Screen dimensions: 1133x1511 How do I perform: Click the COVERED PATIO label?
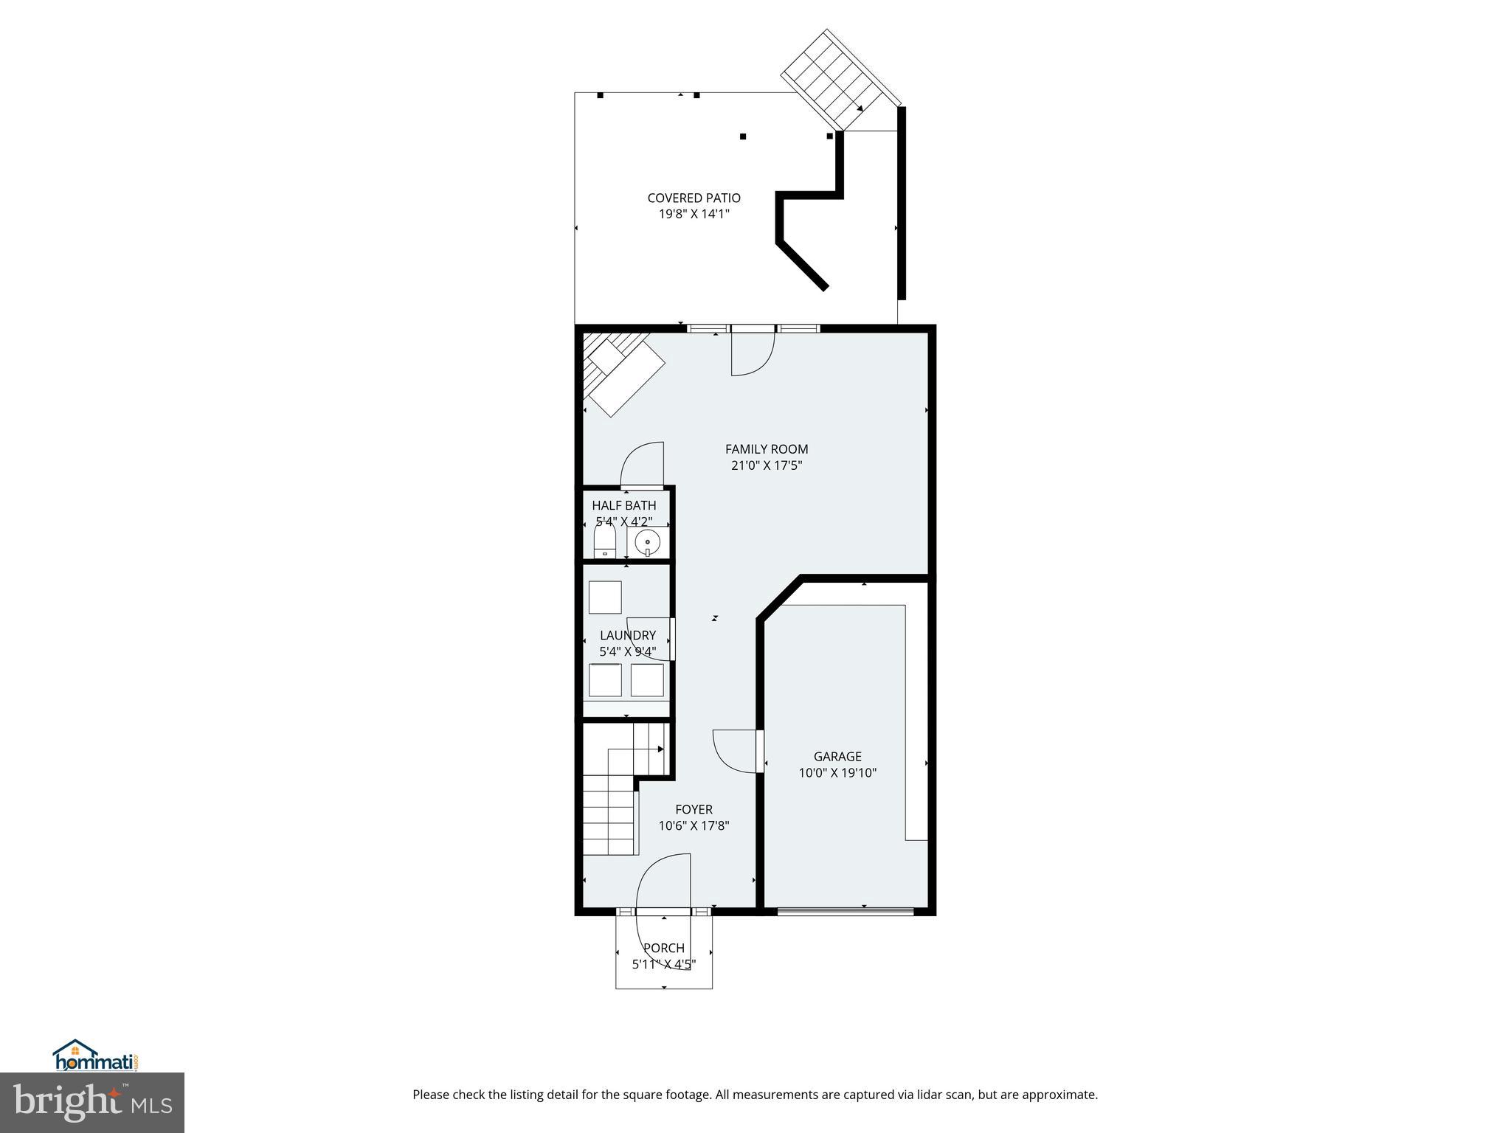[694, 198]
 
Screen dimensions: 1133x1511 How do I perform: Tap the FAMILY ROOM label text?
[767, 449]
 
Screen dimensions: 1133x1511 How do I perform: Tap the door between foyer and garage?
[738, 751]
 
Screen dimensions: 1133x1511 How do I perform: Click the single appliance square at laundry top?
[605, 597]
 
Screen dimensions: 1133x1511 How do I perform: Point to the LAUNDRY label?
[628, 635]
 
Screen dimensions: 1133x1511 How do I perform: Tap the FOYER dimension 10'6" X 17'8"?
[694, 826]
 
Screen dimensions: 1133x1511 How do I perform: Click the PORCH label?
[664, 948]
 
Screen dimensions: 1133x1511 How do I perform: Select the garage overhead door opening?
[845, 911]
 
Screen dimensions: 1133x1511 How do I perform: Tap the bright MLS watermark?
[92, 1102]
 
